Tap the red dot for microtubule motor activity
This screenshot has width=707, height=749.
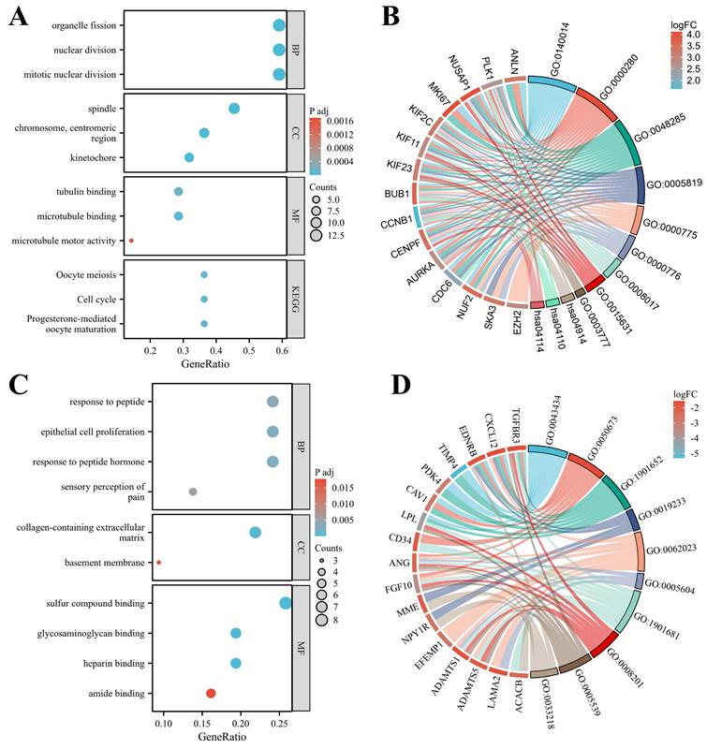click(131, 241)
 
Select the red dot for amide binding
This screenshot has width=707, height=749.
click(211, 693)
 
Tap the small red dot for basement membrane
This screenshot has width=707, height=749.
click(158, 563)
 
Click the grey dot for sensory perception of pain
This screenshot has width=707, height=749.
click(193, 492)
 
